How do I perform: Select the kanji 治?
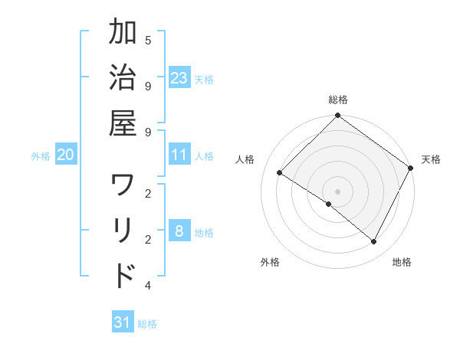(x=123, y=80)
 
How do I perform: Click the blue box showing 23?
(x=179, y=78)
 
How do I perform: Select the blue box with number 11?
(x=179, y=155)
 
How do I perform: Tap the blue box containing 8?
(x=179, y=232)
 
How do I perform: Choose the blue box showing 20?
(x=65, y=155)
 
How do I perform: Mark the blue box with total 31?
(x=123, y=322)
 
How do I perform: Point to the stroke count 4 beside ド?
(x=147, y=286)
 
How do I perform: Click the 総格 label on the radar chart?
(x=337, y=100)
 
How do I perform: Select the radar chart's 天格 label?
(x=431, y=159)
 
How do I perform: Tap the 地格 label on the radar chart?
(x=402, y=263)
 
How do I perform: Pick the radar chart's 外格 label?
(x=270, y=263)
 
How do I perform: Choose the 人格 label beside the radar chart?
(x=245, y=159)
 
